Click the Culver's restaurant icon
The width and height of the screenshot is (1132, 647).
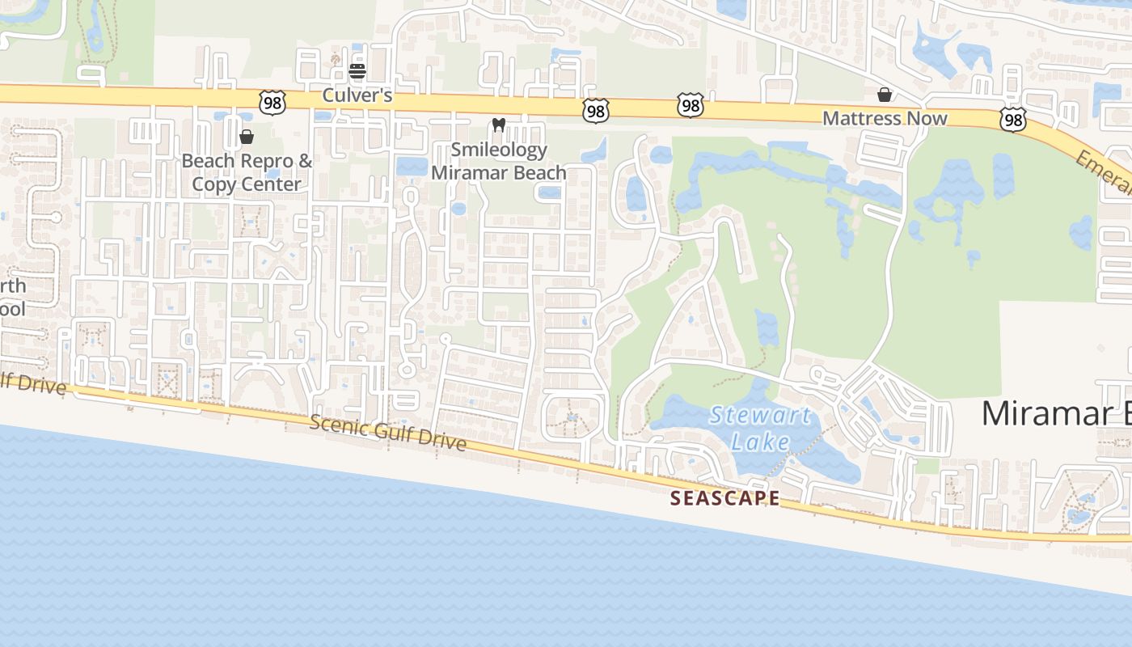(x=357, y=71)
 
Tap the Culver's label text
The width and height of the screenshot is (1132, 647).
(x=357, y=95)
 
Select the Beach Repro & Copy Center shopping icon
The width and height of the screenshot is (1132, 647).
(x=247, y=137)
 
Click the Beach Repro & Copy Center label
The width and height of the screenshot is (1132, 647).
(x=247, y=172)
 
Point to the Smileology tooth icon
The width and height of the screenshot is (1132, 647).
(x=499, y=125)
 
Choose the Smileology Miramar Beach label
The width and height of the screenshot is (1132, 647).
(x=499, y=161)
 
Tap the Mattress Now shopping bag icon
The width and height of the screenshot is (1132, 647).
(x=885, y=95)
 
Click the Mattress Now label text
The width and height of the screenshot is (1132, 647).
(x=885, y=118)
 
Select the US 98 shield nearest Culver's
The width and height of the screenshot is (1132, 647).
(x=272, y=103)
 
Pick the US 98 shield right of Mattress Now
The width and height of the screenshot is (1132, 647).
(x=1012, y=120)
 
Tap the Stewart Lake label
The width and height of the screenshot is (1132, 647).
(x=759, y=429)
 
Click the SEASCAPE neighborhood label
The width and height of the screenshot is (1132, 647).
(x=725, y=498)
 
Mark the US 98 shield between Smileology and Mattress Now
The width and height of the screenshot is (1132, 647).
(x=690, y=105)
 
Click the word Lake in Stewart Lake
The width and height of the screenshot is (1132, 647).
(x=760, y=442)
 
